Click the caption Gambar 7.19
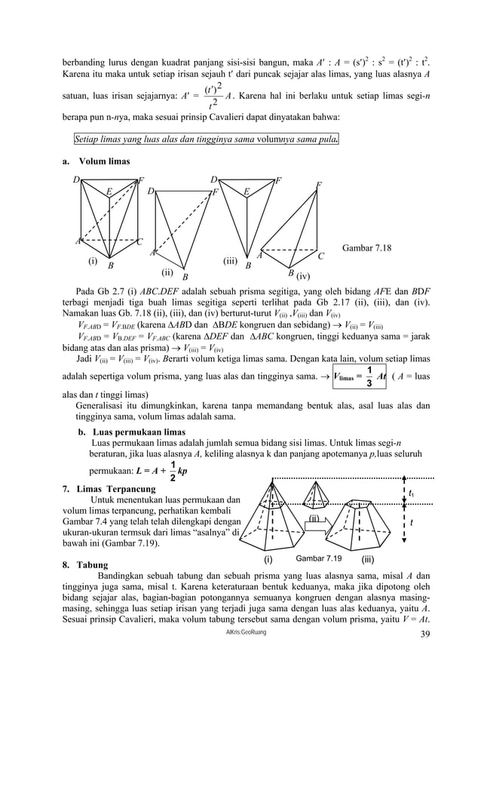318,558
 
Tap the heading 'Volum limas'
104,161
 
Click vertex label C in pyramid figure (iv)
320,257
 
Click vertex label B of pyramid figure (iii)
248,266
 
